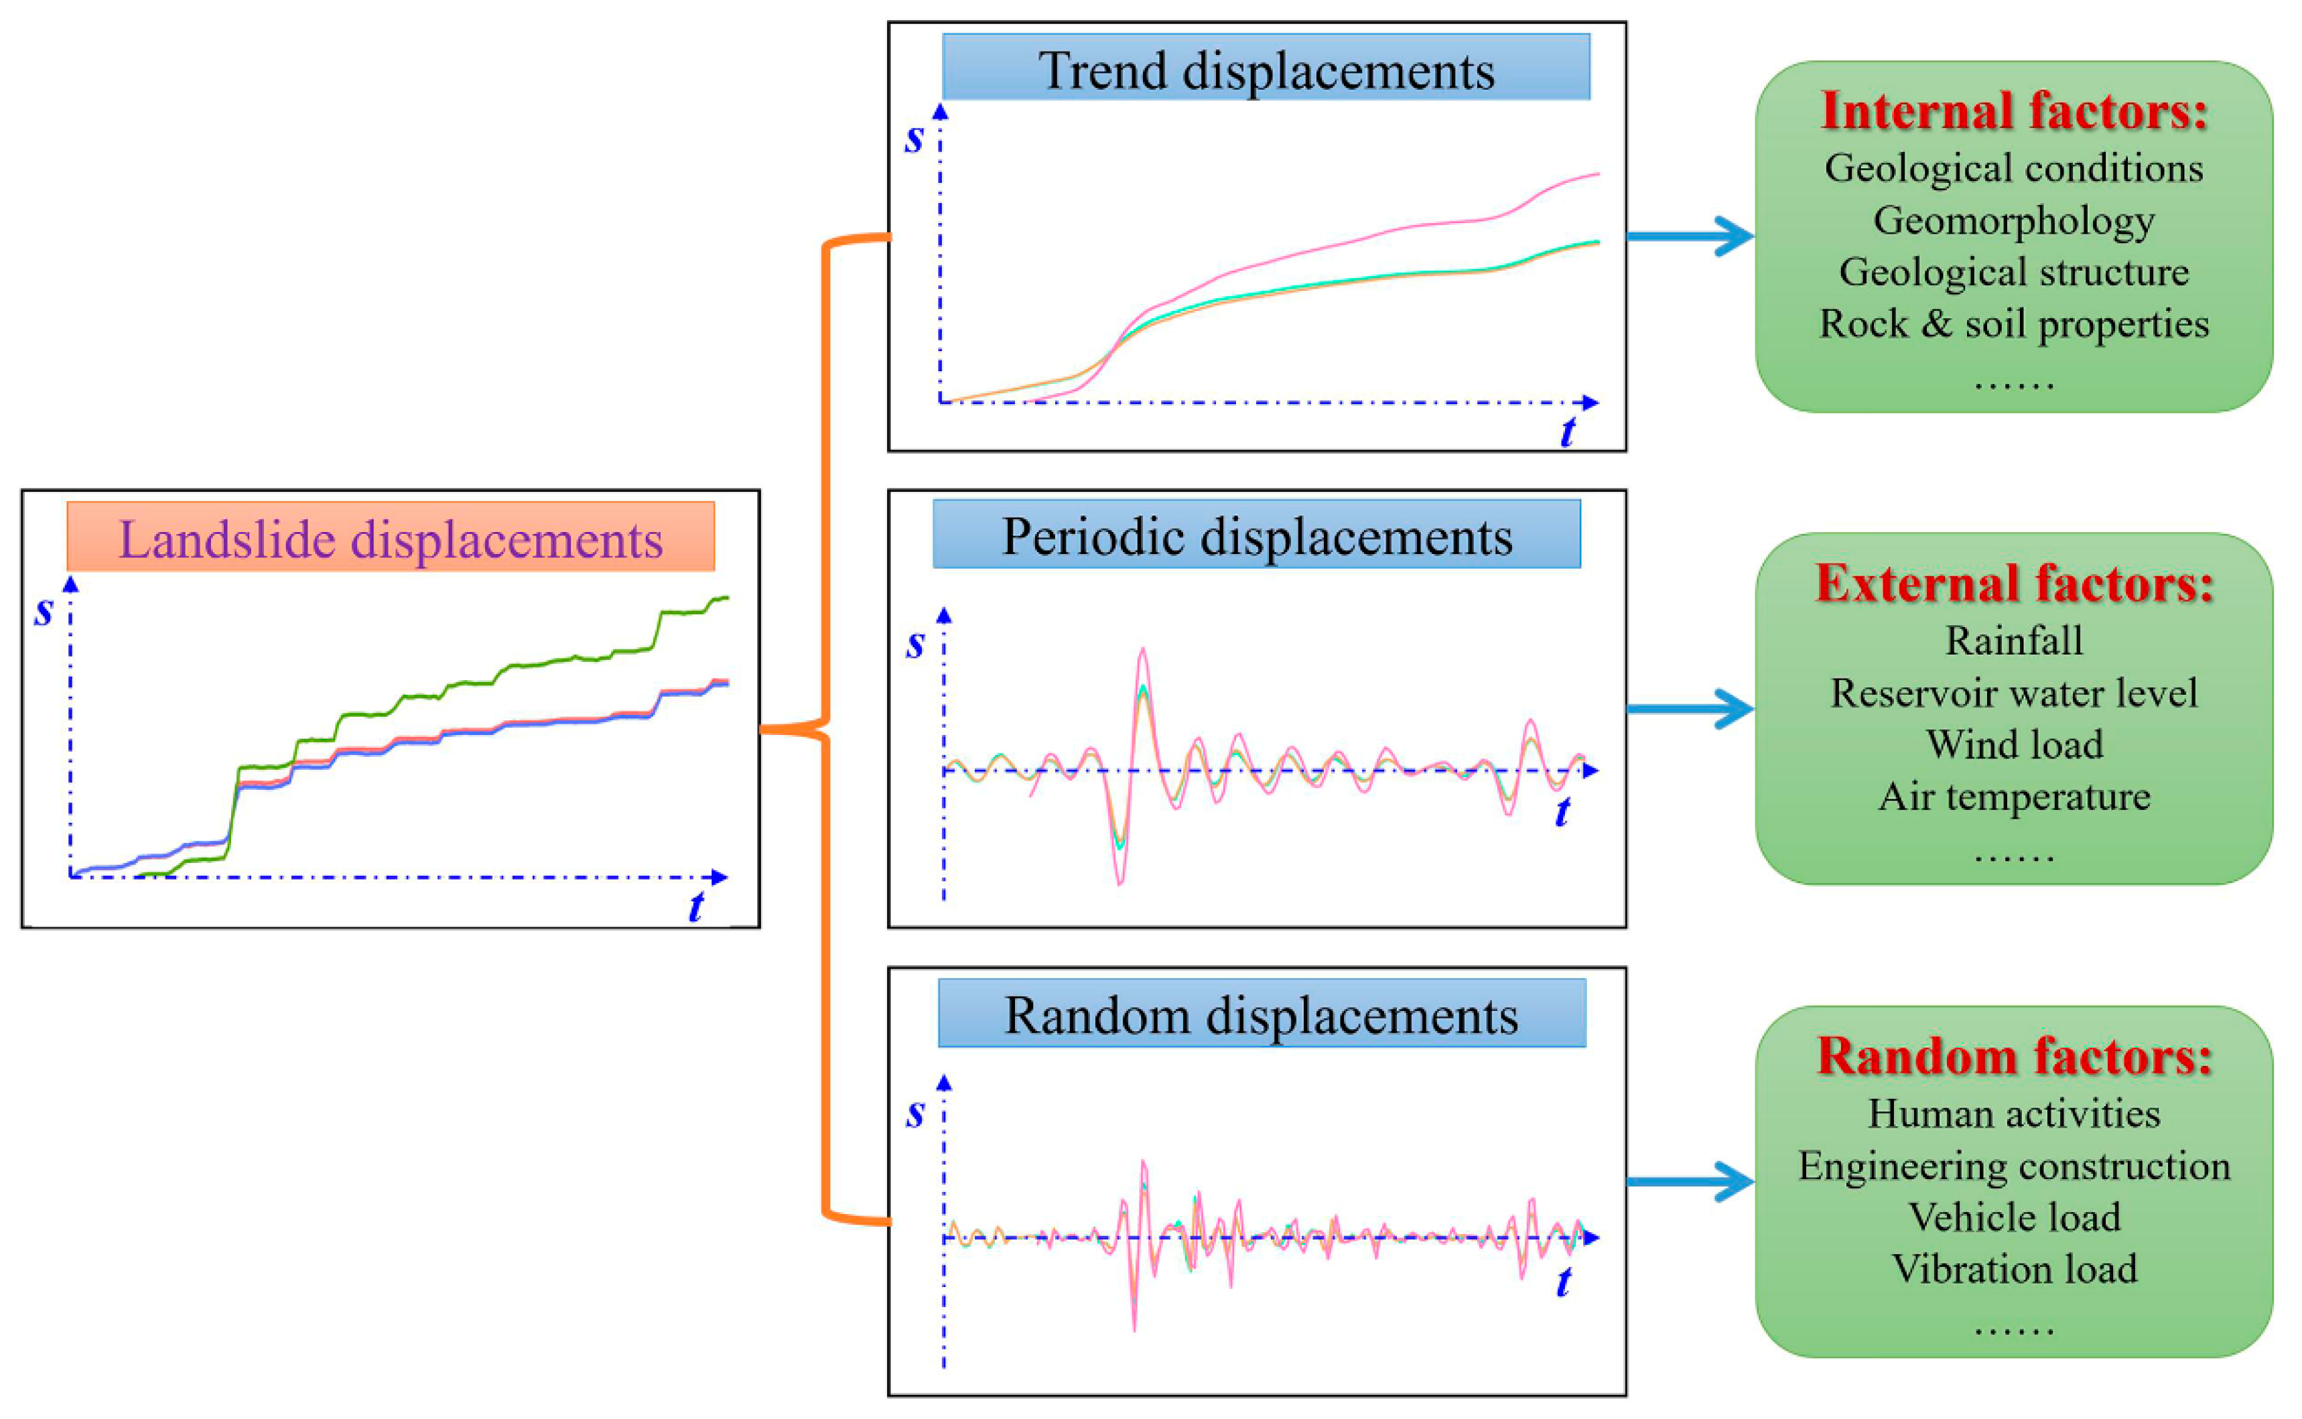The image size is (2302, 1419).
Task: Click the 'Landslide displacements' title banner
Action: tap(391, 539)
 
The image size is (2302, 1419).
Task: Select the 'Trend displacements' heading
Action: tap(1266, 70)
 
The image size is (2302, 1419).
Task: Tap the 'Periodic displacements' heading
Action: tap(1257, 536)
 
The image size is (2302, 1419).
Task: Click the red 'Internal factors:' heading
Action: tap(2014, 111)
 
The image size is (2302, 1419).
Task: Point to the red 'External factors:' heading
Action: tap(2014, 583)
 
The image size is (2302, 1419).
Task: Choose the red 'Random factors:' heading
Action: tap(2014, 1056)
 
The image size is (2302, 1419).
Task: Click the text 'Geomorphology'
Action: tap(2014, 220)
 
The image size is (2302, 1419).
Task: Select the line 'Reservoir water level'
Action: tap(2014, 693)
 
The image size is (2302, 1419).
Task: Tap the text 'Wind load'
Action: tap(2014, 744)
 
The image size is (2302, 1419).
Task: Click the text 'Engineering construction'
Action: tap(2014, 1166)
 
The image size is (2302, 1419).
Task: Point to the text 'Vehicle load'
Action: tap(2014, 1217)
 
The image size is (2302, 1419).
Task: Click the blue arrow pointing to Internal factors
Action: tap(1689, 236)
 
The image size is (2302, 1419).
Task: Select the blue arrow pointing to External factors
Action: tap(1689, 709)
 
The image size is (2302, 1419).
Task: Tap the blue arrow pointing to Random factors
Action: tap(1689, 1182)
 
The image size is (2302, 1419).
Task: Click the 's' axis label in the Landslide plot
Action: tap(43, 611)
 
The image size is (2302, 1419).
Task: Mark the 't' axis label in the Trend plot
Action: tap(1567, 431)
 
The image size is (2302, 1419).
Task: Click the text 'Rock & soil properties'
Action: tap(2014, 324)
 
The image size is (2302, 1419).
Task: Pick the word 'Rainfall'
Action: tap(2014, 641)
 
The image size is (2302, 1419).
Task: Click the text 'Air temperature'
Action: tap(2014, 797)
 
